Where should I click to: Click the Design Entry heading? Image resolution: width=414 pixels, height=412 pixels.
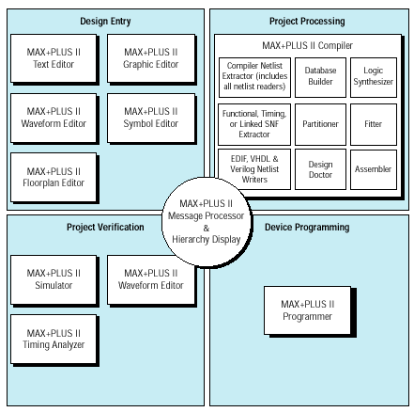tap(105, 22)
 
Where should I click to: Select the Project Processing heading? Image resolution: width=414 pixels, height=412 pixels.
tap(307, 22)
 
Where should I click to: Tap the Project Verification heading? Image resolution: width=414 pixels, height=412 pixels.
tap(105, 227)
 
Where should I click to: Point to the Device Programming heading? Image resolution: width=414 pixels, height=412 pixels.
tap(307, 227)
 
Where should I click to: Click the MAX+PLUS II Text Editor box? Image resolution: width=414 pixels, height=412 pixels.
tap(54, 58)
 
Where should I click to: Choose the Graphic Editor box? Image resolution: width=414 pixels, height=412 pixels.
tap(151, 58)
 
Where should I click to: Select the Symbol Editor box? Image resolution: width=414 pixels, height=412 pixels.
tap(151, 118)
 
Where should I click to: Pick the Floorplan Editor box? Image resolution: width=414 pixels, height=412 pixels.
tap(54, 177)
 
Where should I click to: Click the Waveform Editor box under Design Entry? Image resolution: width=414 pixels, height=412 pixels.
tap(54, 118)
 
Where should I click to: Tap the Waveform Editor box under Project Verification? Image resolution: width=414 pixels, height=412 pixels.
tap(151, 279)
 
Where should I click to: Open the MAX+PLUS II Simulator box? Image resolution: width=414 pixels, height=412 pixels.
tap(54, 279)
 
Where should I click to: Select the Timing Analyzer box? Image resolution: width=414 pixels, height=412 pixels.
tap(54, 339)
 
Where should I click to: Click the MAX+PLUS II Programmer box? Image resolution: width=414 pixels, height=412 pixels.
tap(307, 310)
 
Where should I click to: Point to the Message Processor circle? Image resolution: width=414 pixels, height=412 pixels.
tap(207, 221)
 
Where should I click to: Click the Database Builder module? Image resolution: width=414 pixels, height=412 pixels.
tap(320, 77)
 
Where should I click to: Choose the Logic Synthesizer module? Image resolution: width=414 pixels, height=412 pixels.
tap(374, 77)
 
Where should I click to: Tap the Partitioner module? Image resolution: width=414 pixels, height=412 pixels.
tap(320, 124)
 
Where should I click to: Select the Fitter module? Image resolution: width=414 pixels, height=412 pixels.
tap(374, 124)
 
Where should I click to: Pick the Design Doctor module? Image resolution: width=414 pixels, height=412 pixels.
tap(320, 169)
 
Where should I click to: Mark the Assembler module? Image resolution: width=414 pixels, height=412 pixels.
tap(374, 169)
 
